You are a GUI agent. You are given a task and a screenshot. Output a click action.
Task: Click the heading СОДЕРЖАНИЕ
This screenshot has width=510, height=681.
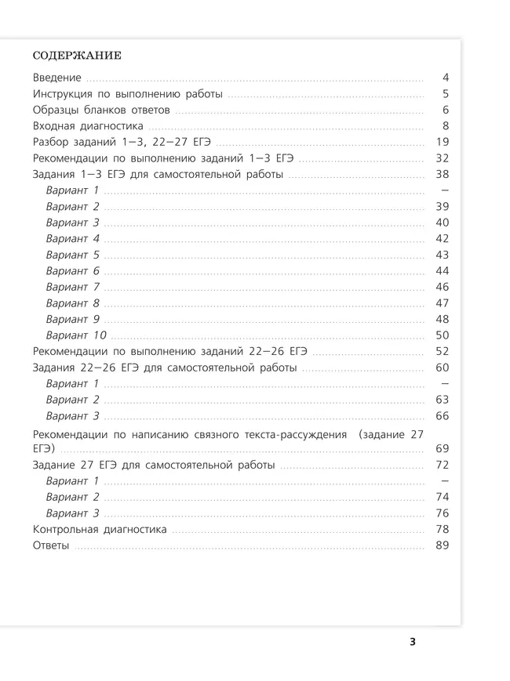(x=77, y=56)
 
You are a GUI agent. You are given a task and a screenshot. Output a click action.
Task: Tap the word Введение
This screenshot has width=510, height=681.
(x=57, y=78)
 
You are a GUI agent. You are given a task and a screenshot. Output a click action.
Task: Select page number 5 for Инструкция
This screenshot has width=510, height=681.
(x=445, y=94)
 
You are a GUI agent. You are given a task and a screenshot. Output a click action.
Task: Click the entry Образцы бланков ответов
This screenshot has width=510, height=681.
(x=102, y=110)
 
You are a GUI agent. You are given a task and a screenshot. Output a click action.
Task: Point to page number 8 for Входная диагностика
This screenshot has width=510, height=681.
(x=445, y=125)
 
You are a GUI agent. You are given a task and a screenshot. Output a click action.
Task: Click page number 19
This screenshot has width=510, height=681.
(x=442, y=142)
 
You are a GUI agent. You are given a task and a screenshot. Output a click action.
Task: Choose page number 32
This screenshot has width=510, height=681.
(x=442, y=158)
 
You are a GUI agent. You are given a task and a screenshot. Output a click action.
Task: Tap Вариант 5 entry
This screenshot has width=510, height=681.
(x=72, y=255)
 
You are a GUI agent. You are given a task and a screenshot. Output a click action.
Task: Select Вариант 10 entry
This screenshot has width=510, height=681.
(x=76, y=335)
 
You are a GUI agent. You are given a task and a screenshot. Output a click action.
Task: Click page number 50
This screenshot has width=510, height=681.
(x=442, y=335)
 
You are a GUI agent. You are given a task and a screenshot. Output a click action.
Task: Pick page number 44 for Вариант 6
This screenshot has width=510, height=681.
(x=442, y=270)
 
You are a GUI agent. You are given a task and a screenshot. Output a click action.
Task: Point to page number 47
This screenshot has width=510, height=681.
(x=442, y=303)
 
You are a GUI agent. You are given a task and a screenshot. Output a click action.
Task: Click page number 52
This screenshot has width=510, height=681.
(x=442, y=352)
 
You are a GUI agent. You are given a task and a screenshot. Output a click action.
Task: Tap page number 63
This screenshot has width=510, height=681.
(x=442, y=400)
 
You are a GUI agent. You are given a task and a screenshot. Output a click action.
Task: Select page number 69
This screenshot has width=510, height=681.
(x=442, y=448)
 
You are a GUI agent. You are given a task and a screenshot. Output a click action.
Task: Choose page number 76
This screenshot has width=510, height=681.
(x=442, y=513)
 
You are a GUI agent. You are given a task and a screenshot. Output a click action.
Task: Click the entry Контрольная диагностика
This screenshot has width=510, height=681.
(x=100, y=530)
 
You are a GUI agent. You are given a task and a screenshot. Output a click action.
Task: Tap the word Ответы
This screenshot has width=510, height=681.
(x=52, y=545)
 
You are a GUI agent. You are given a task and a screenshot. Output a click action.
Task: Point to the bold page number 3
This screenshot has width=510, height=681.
(x=413, y=643)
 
